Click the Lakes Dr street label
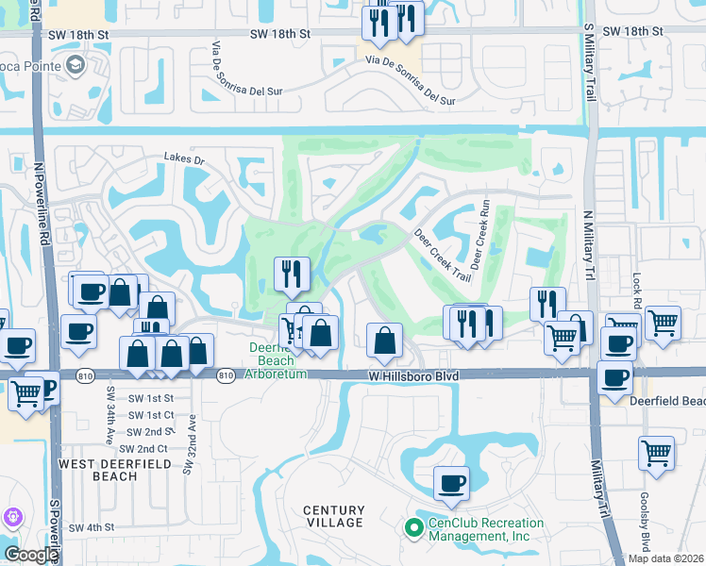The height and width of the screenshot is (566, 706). tap(183, 159)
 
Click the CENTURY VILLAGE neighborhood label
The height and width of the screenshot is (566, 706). tap(333, 516)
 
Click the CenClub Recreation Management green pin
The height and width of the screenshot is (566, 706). tap(412, 528)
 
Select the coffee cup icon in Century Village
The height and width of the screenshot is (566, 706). tap(451, 483)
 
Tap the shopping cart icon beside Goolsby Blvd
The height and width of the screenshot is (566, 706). tap(656, 452)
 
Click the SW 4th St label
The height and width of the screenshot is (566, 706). tap(91, 527)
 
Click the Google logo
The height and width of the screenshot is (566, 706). tap(31, 555)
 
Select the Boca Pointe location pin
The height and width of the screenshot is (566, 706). tap(75, 65)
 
